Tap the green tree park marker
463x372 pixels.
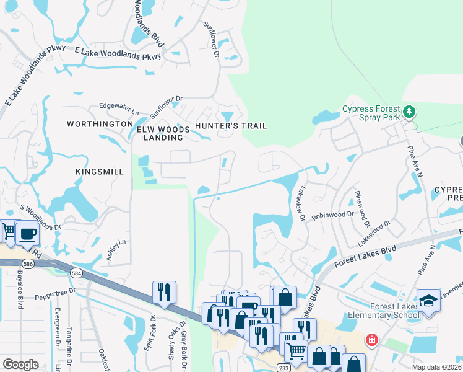(x=409, y=112)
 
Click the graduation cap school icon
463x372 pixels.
(x=428, y=301)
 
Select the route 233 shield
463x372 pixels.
(x=284, y=368)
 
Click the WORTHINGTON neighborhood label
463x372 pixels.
(x=100, y=125)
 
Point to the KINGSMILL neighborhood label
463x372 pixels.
(x=96, y=171)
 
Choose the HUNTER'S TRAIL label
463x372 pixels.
(x=231, y=126)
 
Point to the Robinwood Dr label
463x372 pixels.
(x=332, y=215)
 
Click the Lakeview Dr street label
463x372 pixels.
(x=301, y=205)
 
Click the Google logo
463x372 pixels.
(x=20, y=365)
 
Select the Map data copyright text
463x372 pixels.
(x=437, y=367)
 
